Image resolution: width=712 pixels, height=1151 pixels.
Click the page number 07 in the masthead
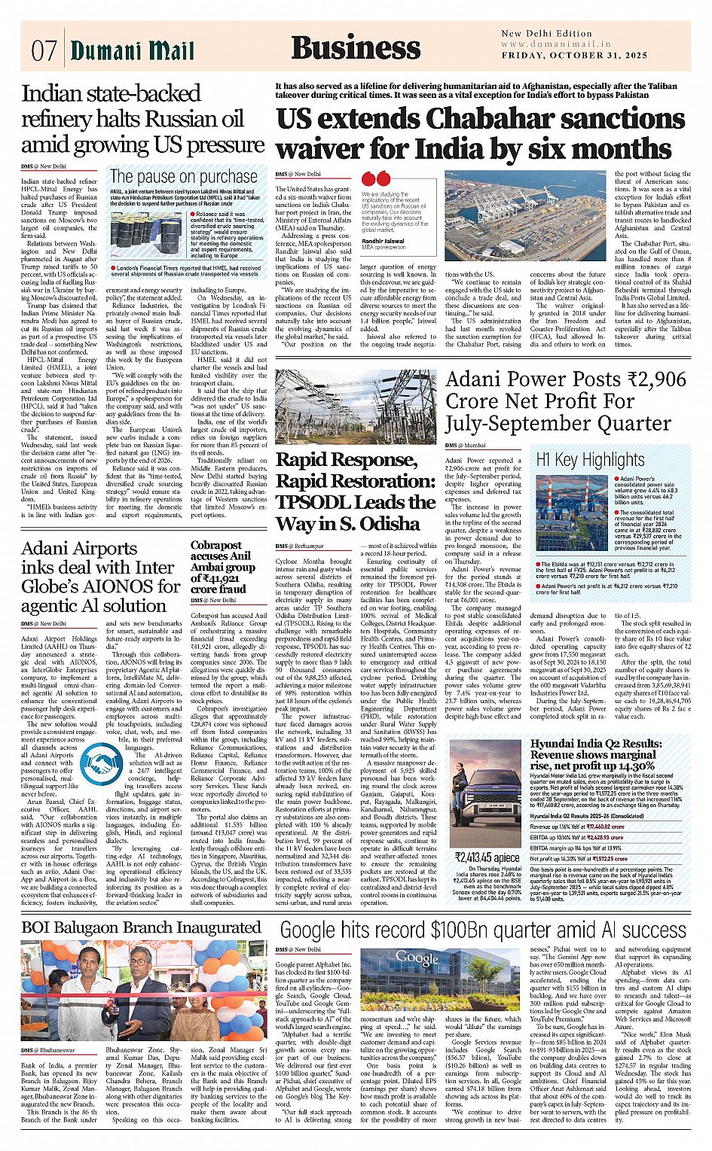[44, 50]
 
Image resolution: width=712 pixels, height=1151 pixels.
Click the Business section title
[356, 47]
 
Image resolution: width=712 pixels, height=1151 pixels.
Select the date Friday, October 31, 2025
[575, 56]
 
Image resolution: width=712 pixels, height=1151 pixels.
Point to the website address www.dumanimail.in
[556, 44]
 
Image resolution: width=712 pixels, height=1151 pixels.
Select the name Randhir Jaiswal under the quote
[383, 241]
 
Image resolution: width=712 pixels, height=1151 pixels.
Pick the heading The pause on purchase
[183, 176]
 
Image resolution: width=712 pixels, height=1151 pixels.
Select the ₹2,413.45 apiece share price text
[486, 857]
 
